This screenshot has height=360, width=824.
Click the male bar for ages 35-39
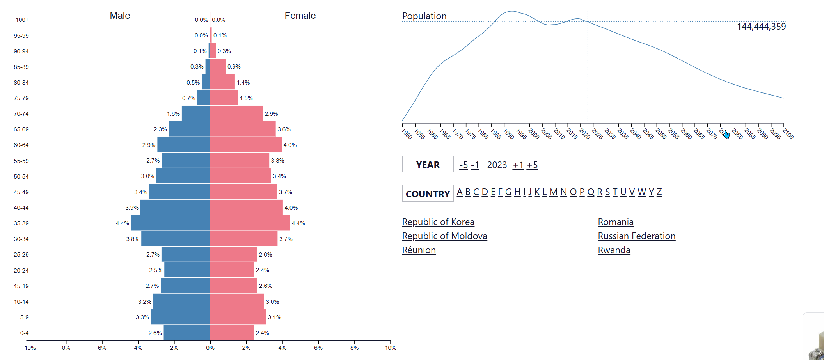[x=170, y=223]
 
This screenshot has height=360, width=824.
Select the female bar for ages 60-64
[x=245, y=145]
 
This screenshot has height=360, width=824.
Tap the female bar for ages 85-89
[x=218, y=67]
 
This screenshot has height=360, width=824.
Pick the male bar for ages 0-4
[x=186, y=333]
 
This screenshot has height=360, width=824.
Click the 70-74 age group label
[x=21, y=114]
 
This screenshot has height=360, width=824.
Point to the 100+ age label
[x=22, y=20]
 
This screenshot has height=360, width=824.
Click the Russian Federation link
[x=636, y=236]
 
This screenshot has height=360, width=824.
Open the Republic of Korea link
[x=438, y=222]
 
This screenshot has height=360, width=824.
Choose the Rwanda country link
[x=614, y=250]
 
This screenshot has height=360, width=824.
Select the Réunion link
[x=419, y=250]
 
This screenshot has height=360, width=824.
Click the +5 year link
[x=532, y=165]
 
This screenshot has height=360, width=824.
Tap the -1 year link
[x=475, y=165]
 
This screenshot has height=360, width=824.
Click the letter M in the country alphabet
[x=553, y=192]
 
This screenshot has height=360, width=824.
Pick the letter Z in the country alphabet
[x=659, y=192]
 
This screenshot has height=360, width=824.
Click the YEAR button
[x=428, y=164]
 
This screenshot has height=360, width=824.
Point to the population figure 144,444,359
[x=761, y=27]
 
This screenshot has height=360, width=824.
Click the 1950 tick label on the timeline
[x=407, y=134]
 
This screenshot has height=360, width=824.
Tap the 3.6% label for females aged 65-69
[x=284, y=129]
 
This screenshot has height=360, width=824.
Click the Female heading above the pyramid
[x=300, y=16]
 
